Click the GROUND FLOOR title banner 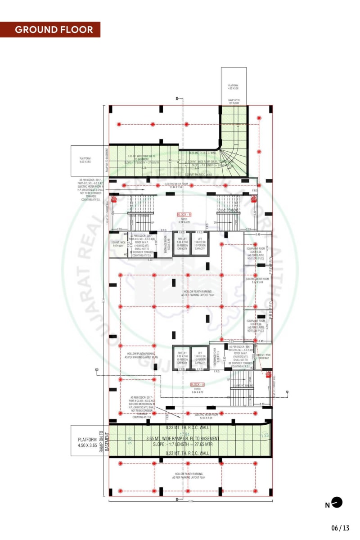(54, 30)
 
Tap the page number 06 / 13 (340, 528)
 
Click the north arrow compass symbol (337, 502)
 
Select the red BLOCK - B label (184, 215)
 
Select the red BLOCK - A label (197, 385)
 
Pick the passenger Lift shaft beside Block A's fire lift (200, 359)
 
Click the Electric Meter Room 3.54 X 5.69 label (257, 280)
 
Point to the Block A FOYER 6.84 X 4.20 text (197, 391)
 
